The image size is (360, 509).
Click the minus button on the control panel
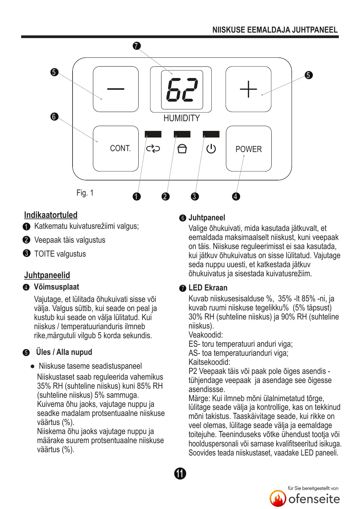[116, 89]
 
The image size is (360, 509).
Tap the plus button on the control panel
[248, 89]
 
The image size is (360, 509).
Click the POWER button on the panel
[248, 149]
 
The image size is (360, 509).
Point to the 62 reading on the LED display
[182, 90]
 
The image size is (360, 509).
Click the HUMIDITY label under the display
[182, 118]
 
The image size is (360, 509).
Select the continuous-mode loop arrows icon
[153, 149]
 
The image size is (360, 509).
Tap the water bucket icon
[182, 149]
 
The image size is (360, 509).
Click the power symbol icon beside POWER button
[211, 149]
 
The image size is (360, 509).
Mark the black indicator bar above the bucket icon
[182, 134]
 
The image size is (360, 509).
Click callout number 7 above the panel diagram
[137, 46]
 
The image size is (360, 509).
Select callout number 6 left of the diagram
[54, 116]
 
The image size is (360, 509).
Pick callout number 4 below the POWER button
[236, 196]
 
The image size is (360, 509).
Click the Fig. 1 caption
[85, 193]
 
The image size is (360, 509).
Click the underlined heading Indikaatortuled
[51, 215]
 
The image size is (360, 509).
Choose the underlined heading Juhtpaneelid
[47, 275]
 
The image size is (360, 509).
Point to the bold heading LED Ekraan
[208, 288]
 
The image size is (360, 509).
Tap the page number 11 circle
[180, 473]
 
